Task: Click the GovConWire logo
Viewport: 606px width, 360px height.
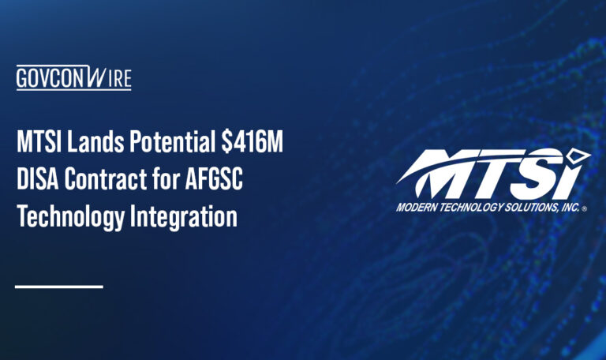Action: [x=73, y=78]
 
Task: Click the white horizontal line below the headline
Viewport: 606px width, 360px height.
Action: [x=59, y=286]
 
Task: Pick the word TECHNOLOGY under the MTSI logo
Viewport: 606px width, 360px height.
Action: [x=473, y=208]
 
